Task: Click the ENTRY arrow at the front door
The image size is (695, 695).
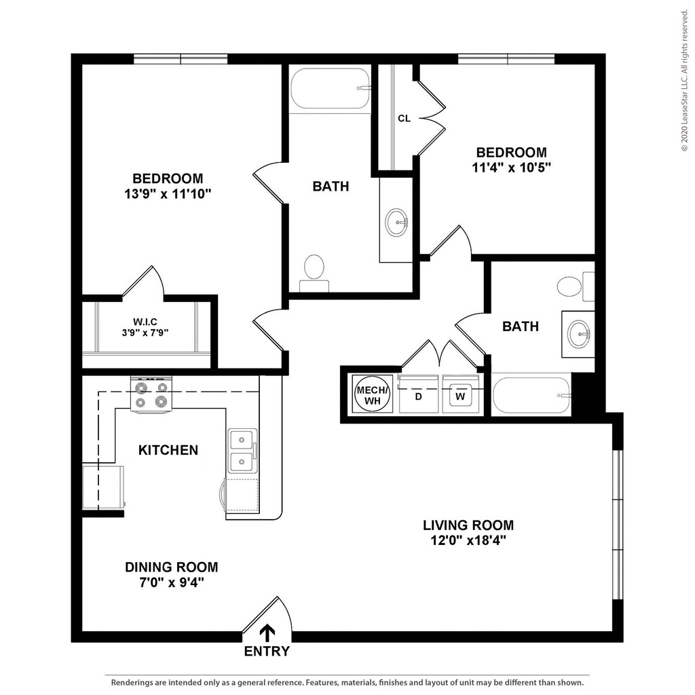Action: click(268, 633)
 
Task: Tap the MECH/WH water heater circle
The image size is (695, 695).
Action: click(373, 394)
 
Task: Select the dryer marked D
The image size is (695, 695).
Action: click(419, 394)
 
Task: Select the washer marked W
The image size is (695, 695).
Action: click(460, 394)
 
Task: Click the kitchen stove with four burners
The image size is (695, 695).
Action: click(151, 395)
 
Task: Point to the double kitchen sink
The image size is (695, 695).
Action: click(242, 451)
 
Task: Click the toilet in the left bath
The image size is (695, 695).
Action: click(314, 271)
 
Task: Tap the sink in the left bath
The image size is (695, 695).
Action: click(396, 221)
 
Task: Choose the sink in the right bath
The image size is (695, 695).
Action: click(579, 333)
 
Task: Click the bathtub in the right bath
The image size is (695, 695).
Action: click(531, 395)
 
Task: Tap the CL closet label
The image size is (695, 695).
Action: click(404, 118)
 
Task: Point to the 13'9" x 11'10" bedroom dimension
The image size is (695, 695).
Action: click(168, 194)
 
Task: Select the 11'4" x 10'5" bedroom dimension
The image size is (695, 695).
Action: click(511, 168)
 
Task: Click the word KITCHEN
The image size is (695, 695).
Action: click(168, 450)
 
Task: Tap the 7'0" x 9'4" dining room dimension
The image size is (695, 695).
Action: click(171, 582)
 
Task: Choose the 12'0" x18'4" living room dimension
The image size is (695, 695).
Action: click(468, 541)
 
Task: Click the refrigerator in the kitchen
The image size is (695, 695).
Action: click(103, 487)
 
